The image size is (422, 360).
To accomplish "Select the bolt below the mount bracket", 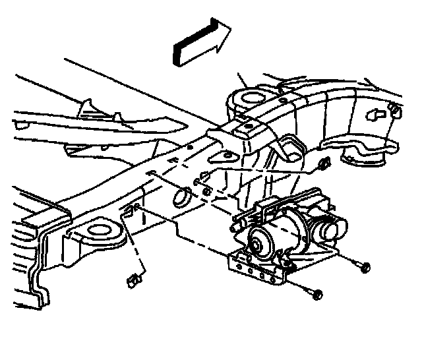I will coord(318,293).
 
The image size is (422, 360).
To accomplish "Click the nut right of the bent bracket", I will coord(322,164).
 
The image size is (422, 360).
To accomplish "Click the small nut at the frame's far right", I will coord(394,109).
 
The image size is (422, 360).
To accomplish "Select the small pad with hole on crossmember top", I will coord(249,126).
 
